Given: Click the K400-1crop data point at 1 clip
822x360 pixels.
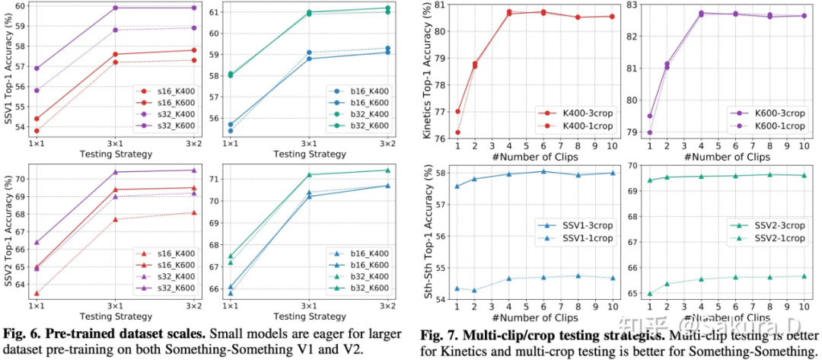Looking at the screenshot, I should pyautogui.click(x=457, y=132).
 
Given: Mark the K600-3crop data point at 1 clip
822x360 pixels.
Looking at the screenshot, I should pyautogui.click(x=649, y=116).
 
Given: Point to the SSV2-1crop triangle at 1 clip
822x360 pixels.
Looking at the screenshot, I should pyautogui.click(x=649, y=294).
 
